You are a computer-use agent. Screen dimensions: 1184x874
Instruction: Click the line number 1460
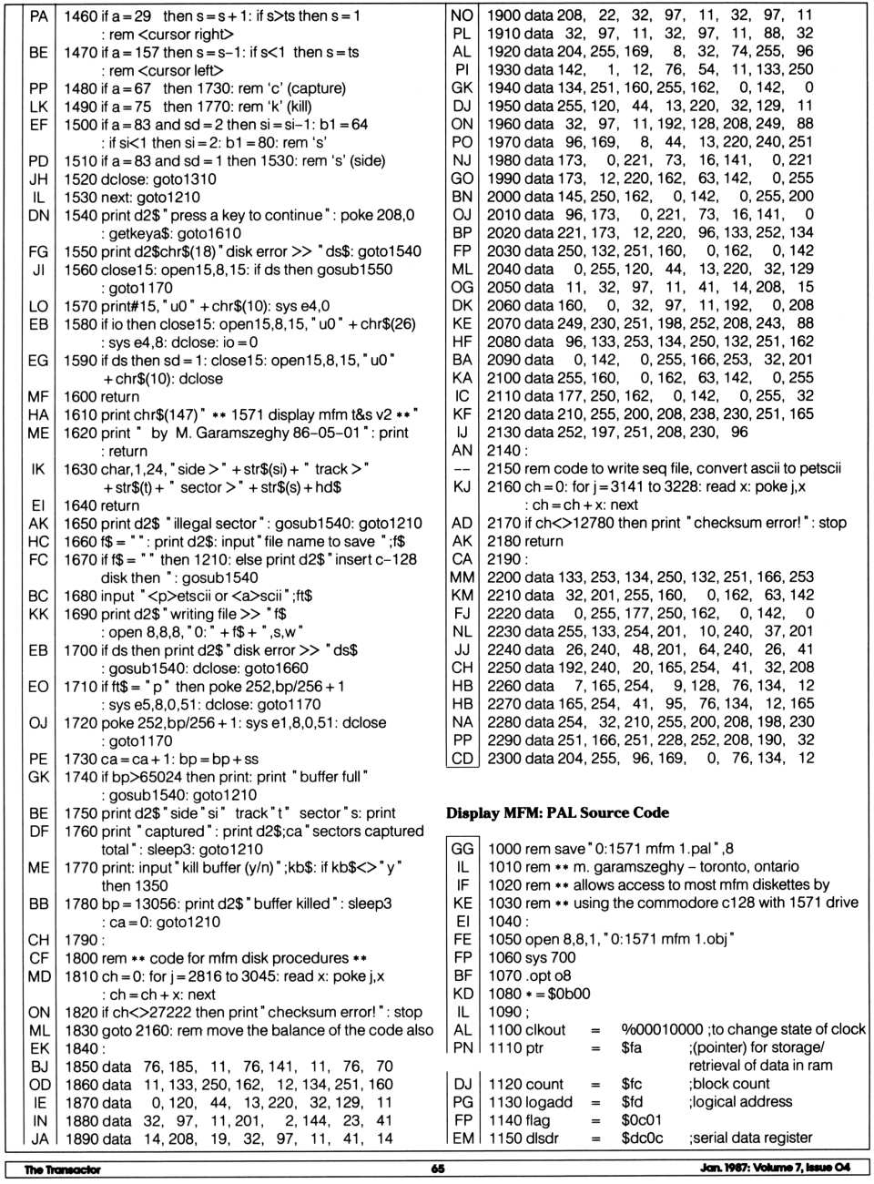click(x=79, y=16)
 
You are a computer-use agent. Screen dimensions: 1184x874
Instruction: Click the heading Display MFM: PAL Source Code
click(x=557, y=812)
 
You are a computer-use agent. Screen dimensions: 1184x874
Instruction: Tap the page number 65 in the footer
click(x=438, y=1169)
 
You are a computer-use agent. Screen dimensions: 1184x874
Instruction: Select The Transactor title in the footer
click(x=62, y=1169)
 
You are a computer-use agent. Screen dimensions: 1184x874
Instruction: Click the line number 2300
click(x=503, y=758)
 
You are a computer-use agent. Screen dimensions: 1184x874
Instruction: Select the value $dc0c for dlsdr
click(x=642, y=1138)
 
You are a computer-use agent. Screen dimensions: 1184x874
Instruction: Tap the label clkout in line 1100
click(x=544, y=1029)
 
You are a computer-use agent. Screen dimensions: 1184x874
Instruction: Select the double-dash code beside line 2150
click(x=462, y=468)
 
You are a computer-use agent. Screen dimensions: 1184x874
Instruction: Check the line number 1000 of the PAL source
click(x=503, y=849)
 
